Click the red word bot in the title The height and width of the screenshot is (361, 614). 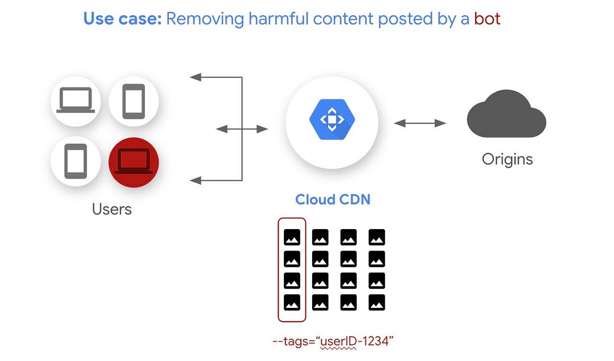tap(487, 19)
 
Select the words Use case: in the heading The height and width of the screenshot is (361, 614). tap(122, 19)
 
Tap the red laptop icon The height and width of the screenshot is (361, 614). tap(134, 162)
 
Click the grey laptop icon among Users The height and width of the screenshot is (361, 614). tap(76, 100)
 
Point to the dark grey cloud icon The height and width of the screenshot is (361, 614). tap(506, 115)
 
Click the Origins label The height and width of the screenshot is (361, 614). tap(507, 159)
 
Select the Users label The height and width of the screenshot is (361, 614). tap(112, 209)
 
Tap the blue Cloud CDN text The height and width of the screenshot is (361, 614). tap(332, 199)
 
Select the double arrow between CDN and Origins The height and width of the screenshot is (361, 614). tap(420, 123)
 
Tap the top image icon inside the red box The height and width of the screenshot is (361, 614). tap(292, 237)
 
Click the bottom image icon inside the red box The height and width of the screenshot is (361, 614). tap(292, 302)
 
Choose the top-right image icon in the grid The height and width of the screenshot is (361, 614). tap(376, 237)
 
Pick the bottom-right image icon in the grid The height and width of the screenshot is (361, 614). tap(376, 302)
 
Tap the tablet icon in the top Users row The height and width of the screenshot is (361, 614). tap(134, 101)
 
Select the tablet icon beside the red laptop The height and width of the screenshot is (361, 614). tap(76, 162)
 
